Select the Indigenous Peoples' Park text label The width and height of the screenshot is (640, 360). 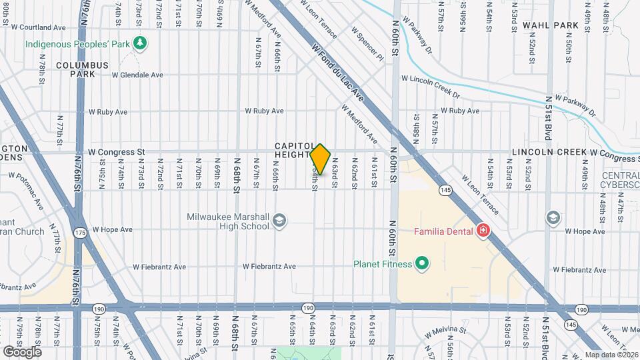click(77, 44)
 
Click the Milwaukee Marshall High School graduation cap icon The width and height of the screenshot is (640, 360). click(279, 220)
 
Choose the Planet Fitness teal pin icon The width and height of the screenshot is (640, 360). click(421, 264)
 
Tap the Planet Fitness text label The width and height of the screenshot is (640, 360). click(382, 264)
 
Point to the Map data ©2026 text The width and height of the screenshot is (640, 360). click(611, 355)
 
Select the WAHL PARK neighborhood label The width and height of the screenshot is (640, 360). click(550, 25)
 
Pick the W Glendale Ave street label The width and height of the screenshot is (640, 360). click(137, 75)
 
